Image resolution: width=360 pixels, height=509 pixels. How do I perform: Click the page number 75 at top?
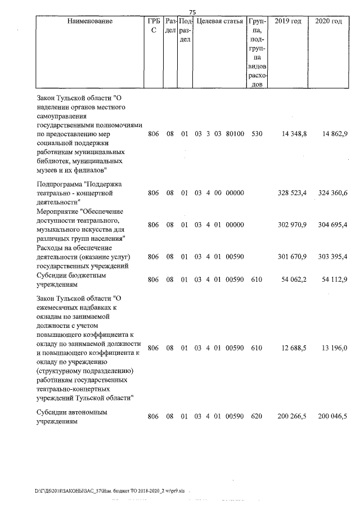click(x=192, y=12)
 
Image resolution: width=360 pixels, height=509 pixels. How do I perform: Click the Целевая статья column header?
click(x=219, y=21)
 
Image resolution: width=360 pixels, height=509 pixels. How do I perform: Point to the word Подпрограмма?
click(x=58, y=184)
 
